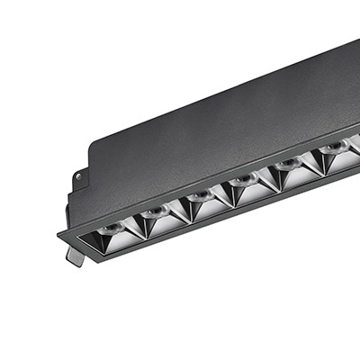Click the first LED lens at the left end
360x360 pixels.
point(109,230)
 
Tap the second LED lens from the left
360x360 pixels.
point(155,212)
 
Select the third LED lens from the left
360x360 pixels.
point(200,195)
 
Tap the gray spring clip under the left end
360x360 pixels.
point(76,256)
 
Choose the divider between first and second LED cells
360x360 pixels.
point(135,225)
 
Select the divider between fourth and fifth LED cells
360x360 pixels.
point(269,176)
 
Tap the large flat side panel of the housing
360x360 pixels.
point(225,108)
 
